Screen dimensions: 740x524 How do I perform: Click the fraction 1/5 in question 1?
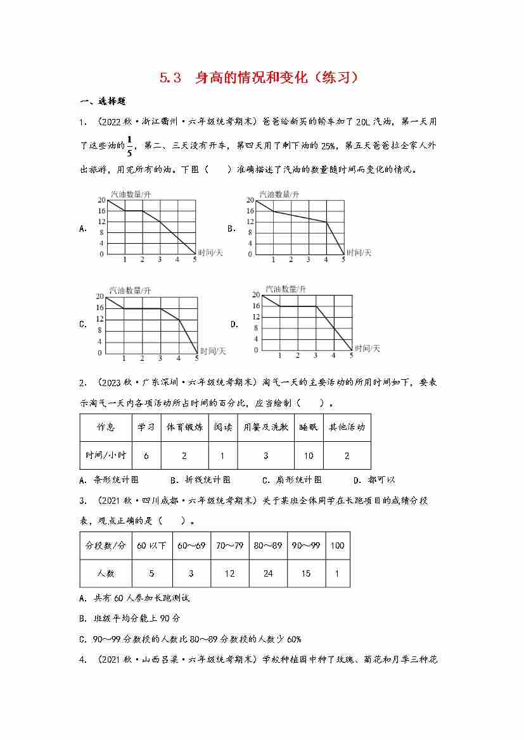pos(129,146)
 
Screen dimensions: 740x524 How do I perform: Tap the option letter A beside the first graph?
pos(83,229)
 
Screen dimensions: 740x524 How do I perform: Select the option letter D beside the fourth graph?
pos(234,324)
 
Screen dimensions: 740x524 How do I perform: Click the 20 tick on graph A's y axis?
pos(101,200)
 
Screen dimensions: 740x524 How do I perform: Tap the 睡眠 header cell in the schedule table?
pos(309,427)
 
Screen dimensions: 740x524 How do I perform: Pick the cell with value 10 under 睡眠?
pos(309,456)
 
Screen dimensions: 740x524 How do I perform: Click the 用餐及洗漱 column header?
pos(265,427)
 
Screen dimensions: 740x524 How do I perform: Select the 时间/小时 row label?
pos(105,456)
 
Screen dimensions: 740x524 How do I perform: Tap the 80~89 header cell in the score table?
pos(268,545)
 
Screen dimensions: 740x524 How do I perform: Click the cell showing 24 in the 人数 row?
pos(268,574)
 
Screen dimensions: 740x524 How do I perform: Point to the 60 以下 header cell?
pos(151,545)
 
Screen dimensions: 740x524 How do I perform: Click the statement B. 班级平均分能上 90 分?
pos(130,618)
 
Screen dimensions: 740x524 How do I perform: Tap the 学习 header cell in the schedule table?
pos(146,427)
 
